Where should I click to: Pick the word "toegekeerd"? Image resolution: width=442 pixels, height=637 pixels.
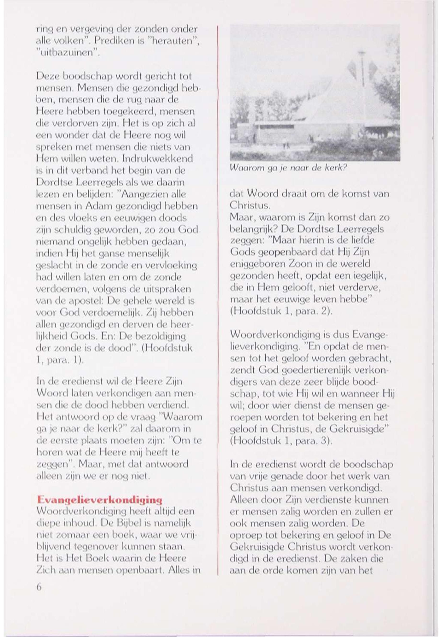pyautogui.click(x=132, y=112)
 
